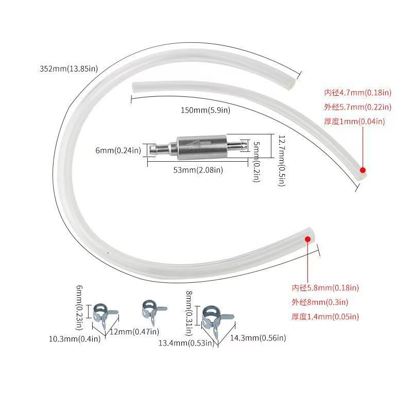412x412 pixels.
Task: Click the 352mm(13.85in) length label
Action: (68, 68)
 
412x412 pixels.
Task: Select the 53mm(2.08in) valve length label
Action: (198, 170)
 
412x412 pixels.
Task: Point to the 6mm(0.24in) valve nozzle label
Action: (118, 150)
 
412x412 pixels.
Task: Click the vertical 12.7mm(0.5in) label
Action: (281, 161)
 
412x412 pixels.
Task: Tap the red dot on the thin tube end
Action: (363, 170)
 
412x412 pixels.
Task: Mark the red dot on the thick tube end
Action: (307, 238)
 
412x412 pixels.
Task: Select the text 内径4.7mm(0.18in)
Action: (358, 93)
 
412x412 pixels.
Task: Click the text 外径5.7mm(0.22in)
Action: (358, 107)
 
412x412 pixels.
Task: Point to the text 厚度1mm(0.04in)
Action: (355, 122)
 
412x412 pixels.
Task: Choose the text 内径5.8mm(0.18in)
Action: (325, 288)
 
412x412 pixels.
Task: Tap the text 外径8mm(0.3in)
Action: (320, 302)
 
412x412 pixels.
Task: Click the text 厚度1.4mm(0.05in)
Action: (325, 317)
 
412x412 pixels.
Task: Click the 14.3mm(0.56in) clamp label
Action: (258, 338)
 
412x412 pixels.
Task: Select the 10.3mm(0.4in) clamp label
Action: (75, 339)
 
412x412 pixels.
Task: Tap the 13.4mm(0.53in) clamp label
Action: (186, 343)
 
